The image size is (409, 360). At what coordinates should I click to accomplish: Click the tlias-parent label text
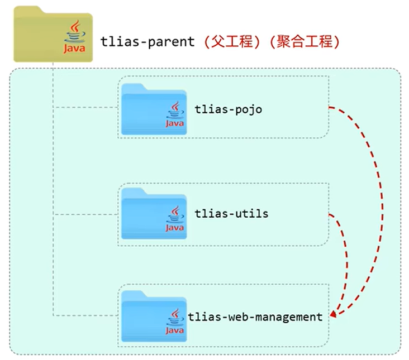pos(148,42)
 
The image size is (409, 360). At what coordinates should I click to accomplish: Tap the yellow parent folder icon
pos(39,33)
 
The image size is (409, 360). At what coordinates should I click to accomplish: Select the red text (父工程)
pos(231,42)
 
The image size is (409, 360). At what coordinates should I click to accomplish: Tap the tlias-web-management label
pos(255,317)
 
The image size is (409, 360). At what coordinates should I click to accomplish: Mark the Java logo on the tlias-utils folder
pos(174,219)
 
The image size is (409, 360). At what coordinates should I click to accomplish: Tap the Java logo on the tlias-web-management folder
pos(174,323)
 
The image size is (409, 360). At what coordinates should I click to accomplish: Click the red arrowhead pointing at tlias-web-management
pos(333,315)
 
